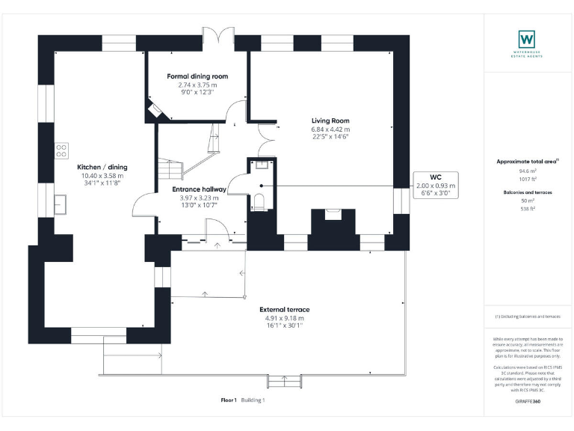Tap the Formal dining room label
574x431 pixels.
pyautogui.click(x=197, y=76)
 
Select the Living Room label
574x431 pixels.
pyautogui.click(x=330, y=120)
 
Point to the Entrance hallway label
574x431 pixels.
pyautogui.click(x=199, y=189)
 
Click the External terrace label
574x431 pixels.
pyautogui.click(x=284, y=309)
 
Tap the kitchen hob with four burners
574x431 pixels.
pyautogui.click(x=61, y=151)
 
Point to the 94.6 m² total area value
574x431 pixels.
pyautogui.click(x=528, y=171)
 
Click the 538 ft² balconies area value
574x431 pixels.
pyautogui.click(x=528, y=209)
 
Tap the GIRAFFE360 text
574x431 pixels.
pyautogui.click(x=528, y=402)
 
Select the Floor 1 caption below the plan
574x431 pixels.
pyautogui.click(x=229, y=400)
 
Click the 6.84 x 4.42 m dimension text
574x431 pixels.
pyautogui.click(x=330, y=129)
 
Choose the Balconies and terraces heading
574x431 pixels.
pyautogui.click(x=528, y=192)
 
